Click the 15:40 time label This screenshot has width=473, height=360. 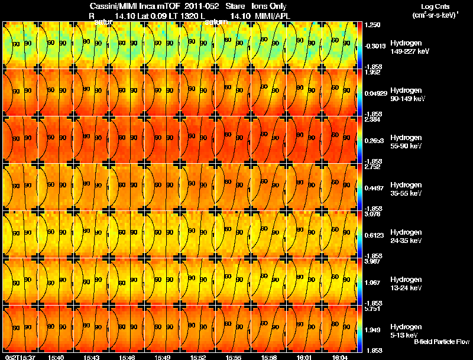56,357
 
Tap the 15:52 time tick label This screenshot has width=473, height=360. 198,357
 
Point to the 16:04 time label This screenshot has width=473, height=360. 340,357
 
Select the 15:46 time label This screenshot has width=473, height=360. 127,357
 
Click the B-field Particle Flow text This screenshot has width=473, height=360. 442,342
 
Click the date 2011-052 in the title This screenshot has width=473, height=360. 202,6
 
